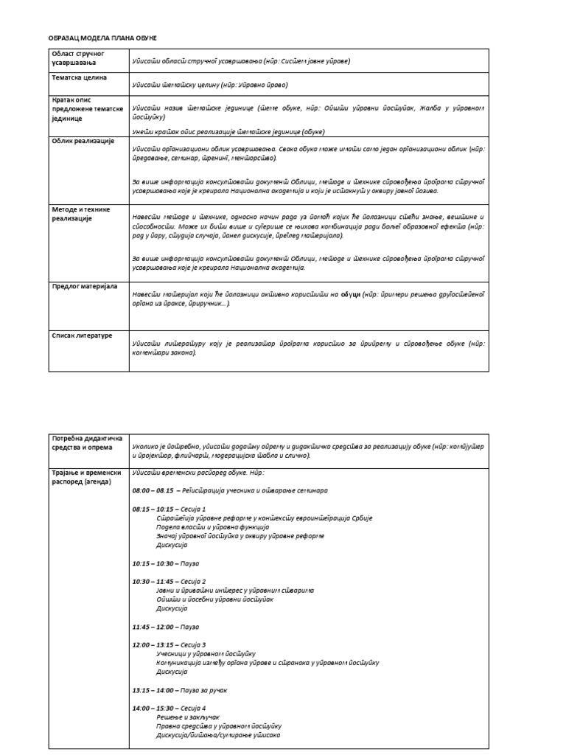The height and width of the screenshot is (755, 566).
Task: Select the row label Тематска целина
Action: click(x=79, y=77)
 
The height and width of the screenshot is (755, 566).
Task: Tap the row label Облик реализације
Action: click(x=83, y=141)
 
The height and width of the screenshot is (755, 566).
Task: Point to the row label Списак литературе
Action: click(x=82, y=335)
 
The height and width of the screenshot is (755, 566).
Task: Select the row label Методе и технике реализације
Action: click(x=81, y=214)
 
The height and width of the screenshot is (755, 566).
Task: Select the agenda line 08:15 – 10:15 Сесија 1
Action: click(x=169, y=509)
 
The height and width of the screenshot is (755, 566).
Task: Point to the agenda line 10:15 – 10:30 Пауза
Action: click(x=166, y=563)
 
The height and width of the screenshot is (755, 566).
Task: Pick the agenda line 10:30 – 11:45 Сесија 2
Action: click(x=169, y=581)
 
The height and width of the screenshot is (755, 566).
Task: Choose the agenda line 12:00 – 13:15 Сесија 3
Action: click(x=169, y=644)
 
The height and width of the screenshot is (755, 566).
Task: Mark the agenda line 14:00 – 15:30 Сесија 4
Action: click(x=169, y=708)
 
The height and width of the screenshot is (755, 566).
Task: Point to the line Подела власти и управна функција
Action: click(x=212, y=527)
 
